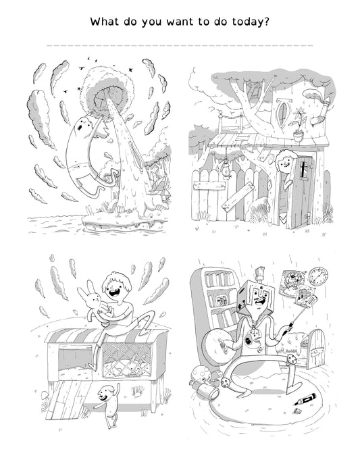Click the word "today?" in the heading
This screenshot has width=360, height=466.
click(251, 22)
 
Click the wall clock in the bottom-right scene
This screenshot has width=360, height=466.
click(319, 276)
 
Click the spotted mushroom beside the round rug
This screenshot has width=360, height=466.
click(200, 375)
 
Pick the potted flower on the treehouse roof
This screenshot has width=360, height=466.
click(299, 126)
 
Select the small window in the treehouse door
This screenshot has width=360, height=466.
click(304, 170)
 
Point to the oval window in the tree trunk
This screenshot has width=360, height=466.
click(283, 112)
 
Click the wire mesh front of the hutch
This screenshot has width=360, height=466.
click(127, 359)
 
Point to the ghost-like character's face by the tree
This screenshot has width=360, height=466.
click(84, 125)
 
